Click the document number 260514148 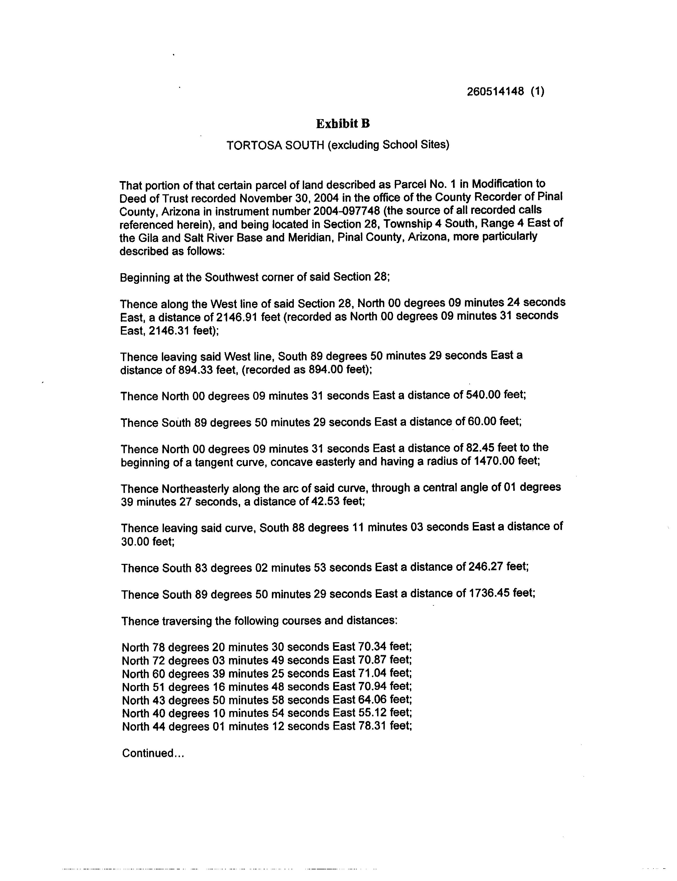click(495, 92)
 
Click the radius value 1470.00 click(495, 460)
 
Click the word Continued click(148, 753)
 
